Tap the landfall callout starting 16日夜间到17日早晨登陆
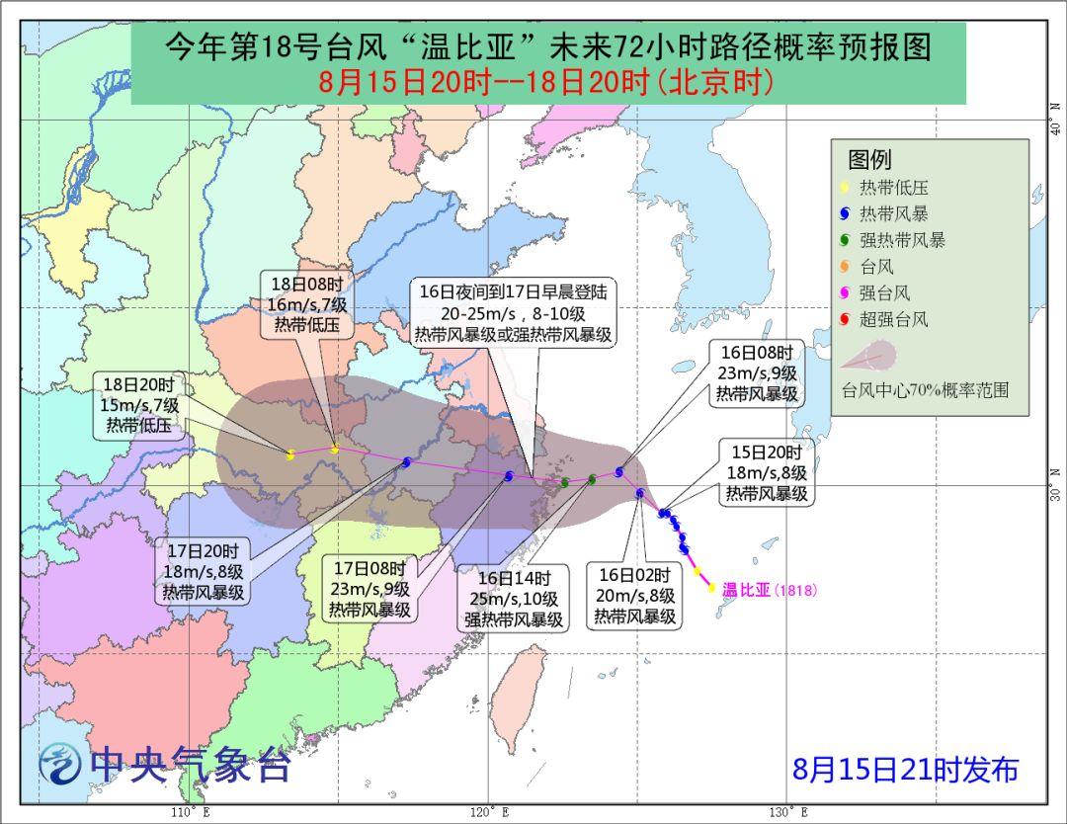point(514,312)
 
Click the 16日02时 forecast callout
point(634,595)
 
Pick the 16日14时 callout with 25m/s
point(514,599)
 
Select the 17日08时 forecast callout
point(369,590)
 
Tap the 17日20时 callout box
point(204,572)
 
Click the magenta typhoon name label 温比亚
point(746,591)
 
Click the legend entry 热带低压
point(894,188)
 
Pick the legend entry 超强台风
point(894,320)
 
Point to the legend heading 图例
point(869,159)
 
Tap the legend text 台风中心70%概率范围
point(925,390)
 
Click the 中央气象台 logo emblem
point(61,764)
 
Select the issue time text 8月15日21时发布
point(905,769)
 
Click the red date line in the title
point(546,81)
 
